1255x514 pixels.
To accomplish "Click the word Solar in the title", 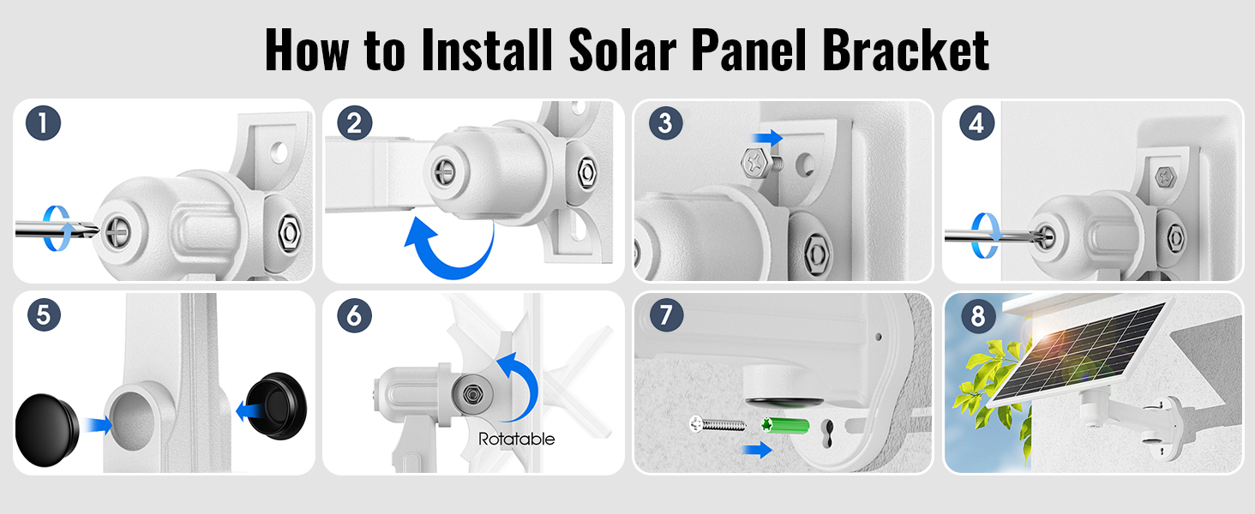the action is point(622,50).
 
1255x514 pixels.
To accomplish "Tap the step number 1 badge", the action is point(43,123).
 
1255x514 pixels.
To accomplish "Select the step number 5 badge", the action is point(44,314).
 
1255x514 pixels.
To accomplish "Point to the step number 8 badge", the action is point(977,316).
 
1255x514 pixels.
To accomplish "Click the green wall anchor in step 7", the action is point(785,426).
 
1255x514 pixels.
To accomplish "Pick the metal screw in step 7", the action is point(718,424).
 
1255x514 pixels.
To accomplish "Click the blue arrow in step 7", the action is point(757,449).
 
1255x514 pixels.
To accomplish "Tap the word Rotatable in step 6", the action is point(516,439).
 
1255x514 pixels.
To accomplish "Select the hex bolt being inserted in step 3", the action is point(761,163).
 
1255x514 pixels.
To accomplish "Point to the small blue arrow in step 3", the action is point(767,138).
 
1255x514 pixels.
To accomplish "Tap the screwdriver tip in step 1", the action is point(93,229).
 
